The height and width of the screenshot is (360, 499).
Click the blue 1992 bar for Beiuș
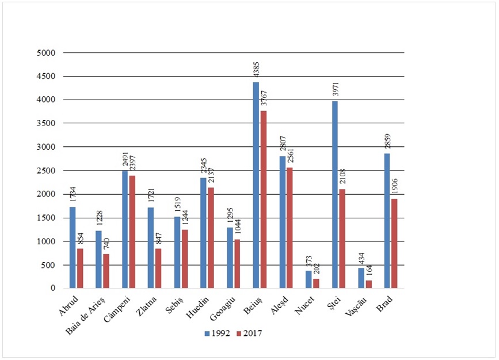click(256, 185)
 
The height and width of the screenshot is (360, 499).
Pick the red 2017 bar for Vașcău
click(368, 284)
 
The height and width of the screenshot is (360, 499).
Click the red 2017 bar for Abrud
click(80, 268)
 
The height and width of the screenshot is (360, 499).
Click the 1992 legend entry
click(218, 333)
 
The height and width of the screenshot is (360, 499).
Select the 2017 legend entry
click(250, 333)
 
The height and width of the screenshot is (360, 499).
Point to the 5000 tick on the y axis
click(45, 53)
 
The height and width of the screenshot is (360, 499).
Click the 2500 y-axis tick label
click(45, 170)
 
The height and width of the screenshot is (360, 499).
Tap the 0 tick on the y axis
click(51, 288)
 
